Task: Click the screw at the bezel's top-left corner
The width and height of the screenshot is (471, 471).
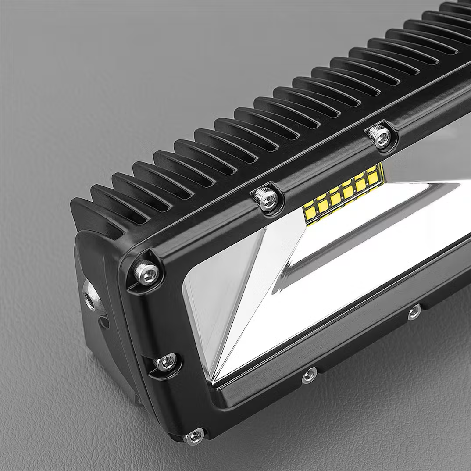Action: click(146, 272)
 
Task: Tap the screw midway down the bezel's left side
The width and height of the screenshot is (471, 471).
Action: click(167, 362)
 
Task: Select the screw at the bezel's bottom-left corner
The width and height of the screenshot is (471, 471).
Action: click(194, 436)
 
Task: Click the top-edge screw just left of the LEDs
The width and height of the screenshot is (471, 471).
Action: click(267, 200)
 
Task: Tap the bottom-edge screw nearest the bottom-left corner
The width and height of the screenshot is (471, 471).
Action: click(310, 375)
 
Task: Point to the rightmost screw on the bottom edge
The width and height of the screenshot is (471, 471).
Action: click(414, 312)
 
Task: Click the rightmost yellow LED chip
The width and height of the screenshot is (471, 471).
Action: click(373, 178)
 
